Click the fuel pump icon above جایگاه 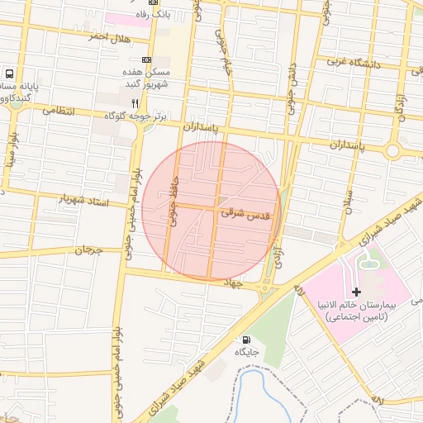tap(245, 340)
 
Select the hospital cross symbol tap(356, 292)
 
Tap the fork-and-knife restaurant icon tap(135, 104)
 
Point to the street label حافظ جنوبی tap(173, 200)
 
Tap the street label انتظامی tap(57, 110)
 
